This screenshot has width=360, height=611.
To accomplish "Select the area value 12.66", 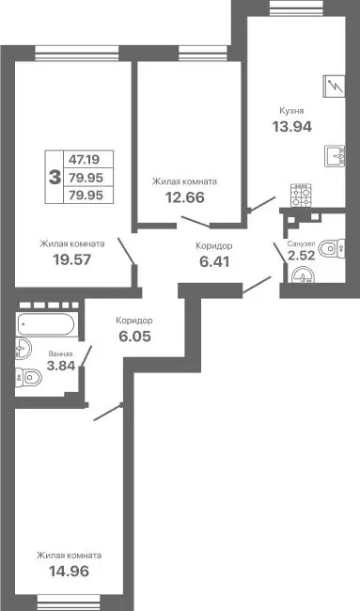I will coord(185,197).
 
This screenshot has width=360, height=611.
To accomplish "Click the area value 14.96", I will coord(69,571).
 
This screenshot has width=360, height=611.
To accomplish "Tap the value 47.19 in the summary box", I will coord(86,160).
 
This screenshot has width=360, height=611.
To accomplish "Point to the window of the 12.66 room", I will coord(180,54).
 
